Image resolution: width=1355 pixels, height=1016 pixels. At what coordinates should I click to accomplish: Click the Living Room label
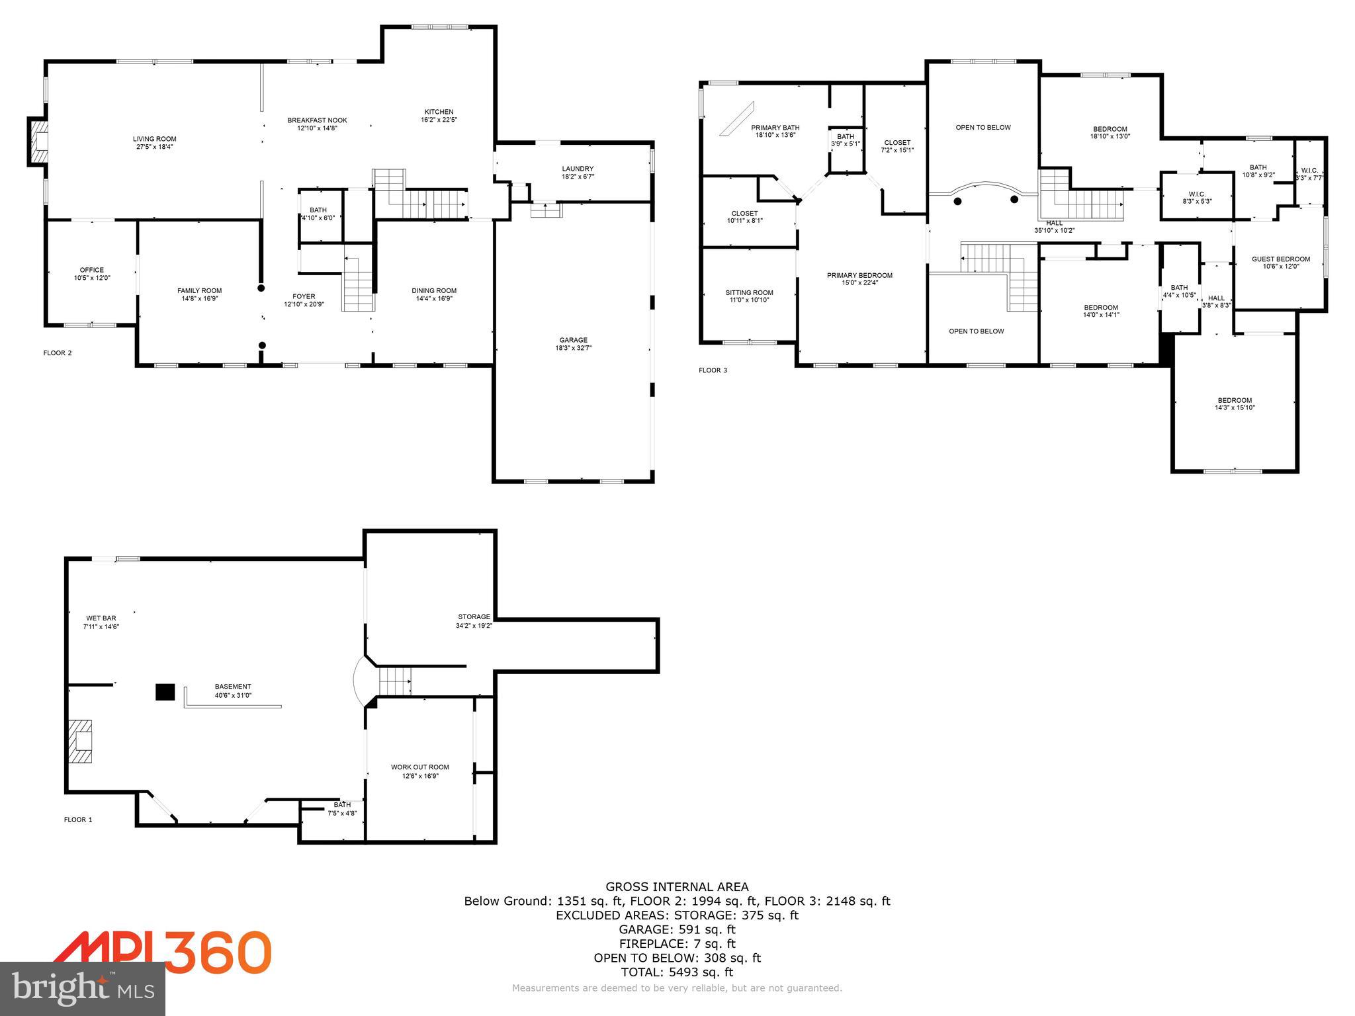(x=154, y=139)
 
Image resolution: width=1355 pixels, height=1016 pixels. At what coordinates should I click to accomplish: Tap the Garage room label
(x=573, y=340)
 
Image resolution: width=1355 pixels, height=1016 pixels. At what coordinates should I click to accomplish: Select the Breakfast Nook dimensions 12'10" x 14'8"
(x=317, y=128)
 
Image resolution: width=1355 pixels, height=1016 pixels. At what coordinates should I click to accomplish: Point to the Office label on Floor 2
(x=91, y=270)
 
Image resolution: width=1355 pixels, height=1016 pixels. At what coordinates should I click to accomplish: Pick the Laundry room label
(x=577, y=169)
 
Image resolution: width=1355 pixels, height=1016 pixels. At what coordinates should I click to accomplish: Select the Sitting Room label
(x=749, y=292)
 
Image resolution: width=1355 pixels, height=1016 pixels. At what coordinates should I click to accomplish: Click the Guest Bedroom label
(x=1280, y=259)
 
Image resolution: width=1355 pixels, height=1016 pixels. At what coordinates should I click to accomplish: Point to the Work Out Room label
(x=419, y=767)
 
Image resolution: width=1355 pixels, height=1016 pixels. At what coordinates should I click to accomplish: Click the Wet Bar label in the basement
(x=101, y=618)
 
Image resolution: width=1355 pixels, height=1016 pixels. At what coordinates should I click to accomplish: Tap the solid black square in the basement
(x=165, y=692)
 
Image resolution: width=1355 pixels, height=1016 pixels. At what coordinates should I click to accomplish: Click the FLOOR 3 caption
(x=713, y=370)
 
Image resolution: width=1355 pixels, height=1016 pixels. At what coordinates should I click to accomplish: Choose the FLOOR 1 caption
(x=77, y=820)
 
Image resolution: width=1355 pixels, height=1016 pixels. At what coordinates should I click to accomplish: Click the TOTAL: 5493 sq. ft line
(x=677, y=972)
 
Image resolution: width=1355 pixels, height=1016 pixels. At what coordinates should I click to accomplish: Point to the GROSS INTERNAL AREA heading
(x=677, y=887)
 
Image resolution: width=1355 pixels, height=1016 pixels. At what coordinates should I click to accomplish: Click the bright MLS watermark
(x=83, y=988)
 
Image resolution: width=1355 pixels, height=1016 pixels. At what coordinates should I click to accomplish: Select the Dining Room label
(x=433, y=290)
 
